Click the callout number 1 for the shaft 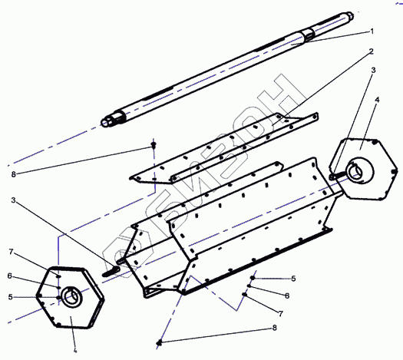point(372,31)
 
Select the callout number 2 point(371,51)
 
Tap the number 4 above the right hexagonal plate point(377,100)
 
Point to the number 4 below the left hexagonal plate point(75,350)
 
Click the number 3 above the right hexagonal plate point(373,70)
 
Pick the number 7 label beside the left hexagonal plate point(11,252)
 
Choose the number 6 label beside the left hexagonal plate point(10,276)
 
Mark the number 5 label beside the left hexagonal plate point(10,297)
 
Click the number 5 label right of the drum point(293,279)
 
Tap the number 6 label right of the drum point(287,296)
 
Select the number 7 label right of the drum point(281,313)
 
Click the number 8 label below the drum point(275,328)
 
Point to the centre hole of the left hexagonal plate point(70,297)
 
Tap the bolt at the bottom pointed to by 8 point(160,342)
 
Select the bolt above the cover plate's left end point(154,145)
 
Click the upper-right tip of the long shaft point(352,15)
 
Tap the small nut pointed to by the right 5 point(253,278)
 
